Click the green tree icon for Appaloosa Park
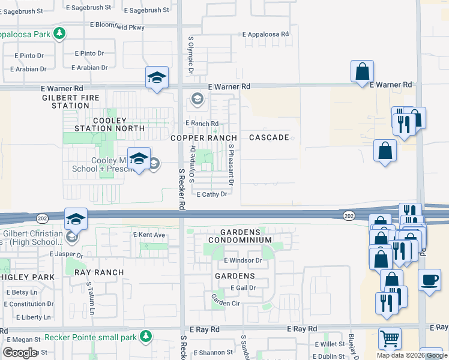[x=59, y=34]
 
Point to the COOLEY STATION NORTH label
[x=109, y=124]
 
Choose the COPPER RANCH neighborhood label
[x=203, y=138]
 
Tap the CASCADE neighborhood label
[x=269, y=137]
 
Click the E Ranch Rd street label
[x=202, y=124]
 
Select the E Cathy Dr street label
[x=212, y=194]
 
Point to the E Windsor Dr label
[x=243, y=260]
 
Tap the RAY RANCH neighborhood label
[x=99, y=272]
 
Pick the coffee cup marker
[x=429, y=280]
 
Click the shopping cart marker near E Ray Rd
[x=390, y=338]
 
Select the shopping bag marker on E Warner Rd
[x=363, y=71]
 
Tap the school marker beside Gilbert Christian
[x=76, y=219]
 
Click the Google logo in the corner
[x=19, y=353]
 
